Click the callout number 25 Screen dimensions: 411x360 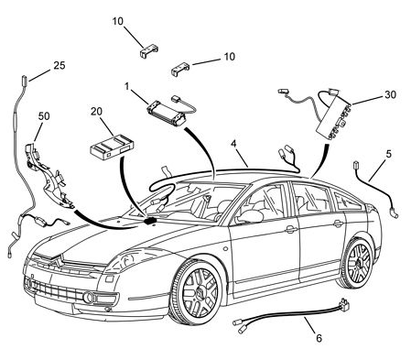tap(59, 65)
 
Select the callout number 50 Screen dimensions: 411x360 tap(44, 116)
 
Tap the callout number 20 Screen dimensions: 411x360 tap(96, 112)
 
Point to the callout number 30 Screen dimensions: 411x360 tap(390, 94)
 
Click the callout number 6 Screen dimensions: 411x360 tap(319, 338)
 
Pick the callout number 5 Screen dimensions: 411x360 tap(388, 154)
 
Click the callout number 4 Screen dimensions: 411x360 tap(233, 143)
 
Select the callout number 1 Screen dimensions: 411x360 tap(127, 86)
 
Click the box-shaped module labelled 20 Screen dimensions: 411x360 tap(113, 147)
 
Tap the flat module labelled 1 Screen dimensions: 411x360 tap(167, 114)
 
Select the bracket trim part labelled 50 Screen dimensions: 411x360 tap(49, 177)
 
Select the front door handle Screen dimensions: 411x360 tap(291, 229)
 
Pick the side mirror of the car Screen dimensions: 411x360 tap(251, 216)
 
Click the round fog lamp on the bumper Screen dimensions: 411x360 tap(89, 298)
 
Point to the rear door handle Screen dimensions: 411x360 tap(338, 224)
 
